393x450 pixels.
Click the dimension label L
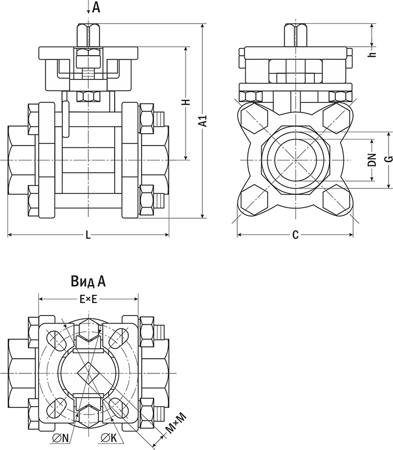88,235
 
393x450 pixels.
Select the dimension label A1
203,120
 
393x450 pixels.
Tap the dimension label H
187,102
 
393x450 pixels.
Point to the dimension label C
295,235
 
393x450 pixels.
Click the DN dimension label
372,160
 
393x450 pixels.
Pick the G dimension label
389,159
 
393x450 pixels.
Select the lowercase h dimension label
372,53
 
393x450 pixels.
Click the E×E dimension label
88,300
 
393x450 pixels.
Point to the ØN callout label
61,438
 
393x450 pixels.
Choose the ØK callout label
109,438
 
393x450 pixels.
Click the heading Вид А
88,281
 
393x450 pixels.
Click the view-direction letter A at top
96,7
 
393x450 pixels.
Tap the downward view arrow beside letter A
88,7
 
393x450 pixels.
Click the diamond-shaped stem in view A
88,373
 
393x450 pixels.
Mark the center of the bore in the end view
296,160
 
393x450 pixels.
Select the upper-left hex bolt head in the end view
254,118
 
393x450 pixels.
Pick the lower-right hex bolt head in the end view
336,201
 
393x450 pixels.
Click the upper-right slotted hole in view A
118,340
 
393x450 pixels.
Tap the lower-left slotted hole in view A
57,407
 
